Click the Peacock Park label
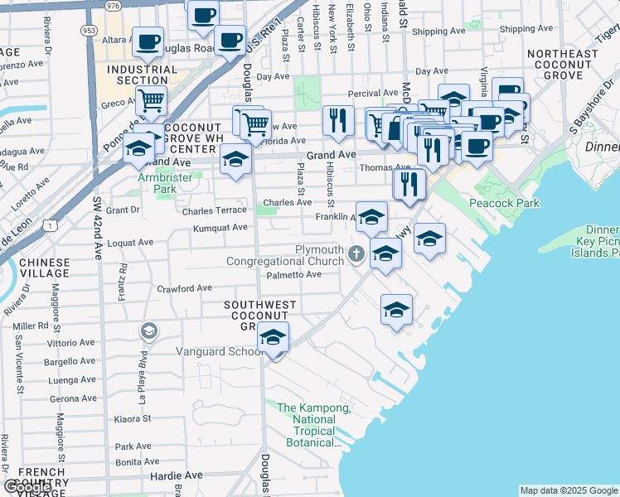coord(504,203)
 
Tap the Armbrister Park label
coord(158,182)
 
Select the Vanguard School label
coord(220,351)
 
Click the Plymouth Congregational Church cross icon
coord(356,253)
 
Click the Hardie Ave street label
coord(176,475)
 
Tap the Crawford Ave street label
coord(185,288)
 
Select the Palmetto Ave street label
coord(293,275)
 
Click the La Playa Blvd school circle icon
coord(148,332)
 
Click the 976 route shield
coord(114,5)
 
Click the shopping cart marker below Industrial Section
coord(151,102)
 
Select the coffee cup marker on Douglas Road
coord(230,39)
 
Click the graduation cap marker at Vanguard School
coord(273,338)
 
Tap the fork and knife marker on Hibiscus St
coord(337,121)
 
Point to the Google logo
coord(28,487)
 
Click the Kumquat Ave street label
coord(220,228)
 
